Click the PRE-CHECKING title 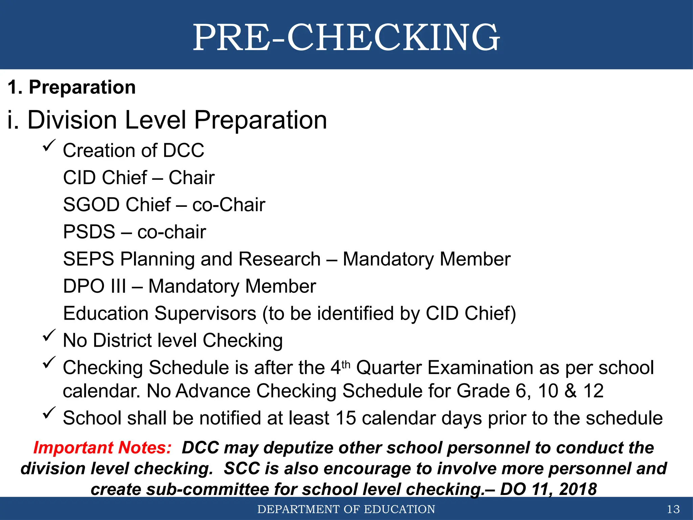(346, 37)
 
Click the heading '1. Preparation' (71, 87)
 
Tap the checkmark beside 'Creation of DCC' (49, 146)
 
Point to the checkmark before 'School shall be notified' (49, 413)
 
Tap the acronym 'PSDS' (89, 232)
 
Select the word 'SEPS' (89, 259)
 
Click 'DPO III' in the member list (94, 286)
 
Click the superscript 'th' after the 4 (346, 365)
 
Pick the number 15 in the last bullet (346, 418)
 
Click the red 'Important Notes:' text (102, 448)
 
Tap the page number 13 (673, 509)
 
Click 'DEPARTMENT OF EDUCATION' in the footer (346, 509)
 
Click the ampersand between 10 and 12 (571, 391)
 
